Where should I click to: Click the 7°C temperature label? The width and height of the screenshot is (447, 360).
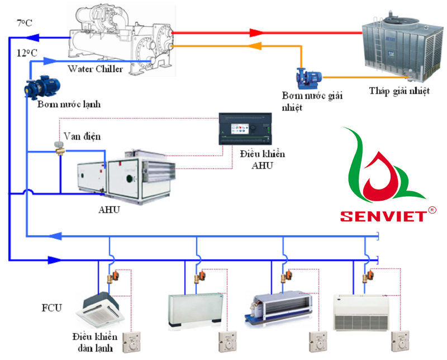[25, 23]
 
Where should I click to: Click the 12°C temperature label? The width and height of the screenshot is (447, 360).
[27, 53]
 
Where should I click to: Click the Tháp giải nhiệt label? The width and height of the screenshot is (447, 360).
[397, 91]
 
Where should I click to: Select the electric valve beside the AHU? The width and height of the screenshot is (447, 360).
[58, 146]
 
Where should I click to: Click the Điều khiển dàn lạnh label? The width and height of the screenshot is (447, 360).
[94, 342]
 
